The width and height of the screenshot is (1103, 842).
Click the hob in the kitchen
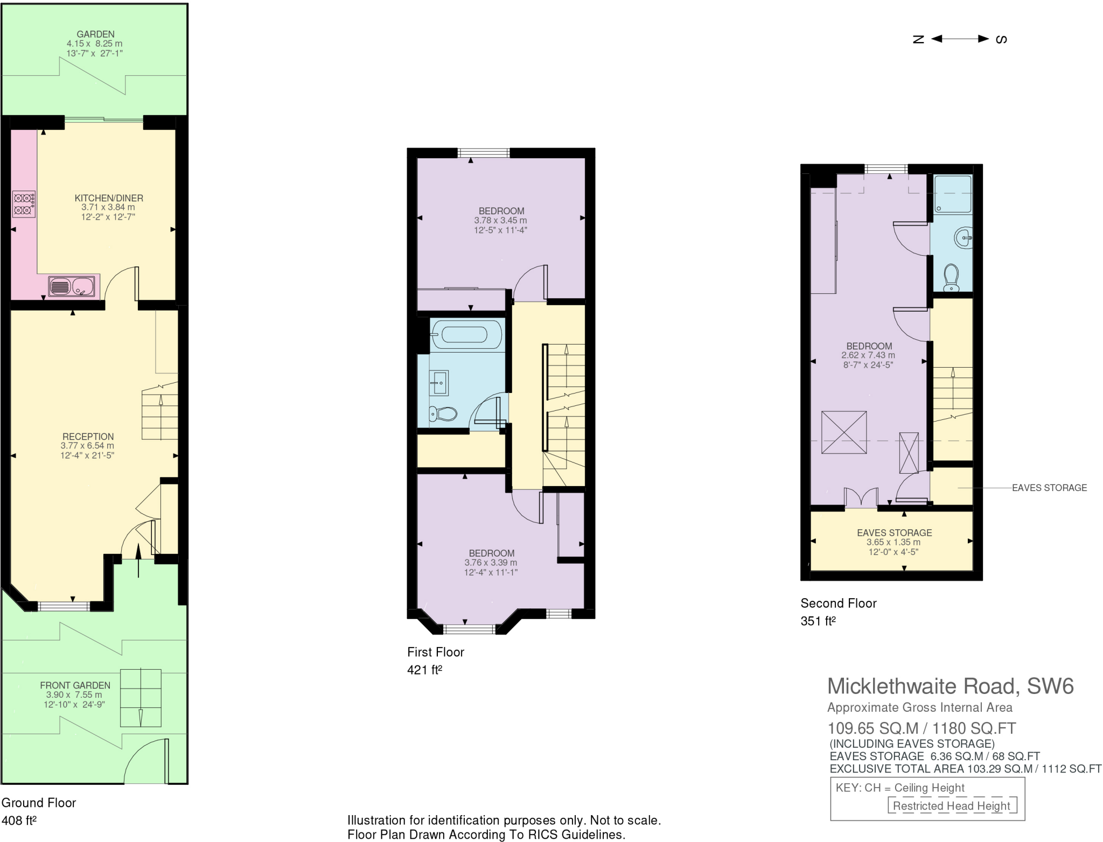pyautogui.click(x=24, y=204)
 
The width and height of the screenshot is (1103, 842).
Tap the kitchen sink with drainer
pyautogui.click(x=72, y=286)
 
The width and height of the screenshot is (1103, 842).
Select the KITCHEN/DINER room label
pyautogui.click(x=109, y=198)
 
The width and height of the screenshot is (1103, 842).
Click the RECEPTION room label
pyautogui.click(x=88, y=437)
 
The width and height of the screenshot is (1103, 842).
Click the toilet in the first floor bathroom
pyautogui.click(x=443, y=414)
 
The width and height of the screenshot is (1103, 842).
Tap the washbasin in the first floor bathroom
pyautogui.click(x=438, y=383)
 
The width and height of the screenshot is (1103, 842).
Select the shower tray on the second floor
pyautogui.click(x=953, y=194)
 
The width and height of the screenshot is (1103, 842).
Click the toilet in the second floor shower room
pyautogui.click(x=952, y=278)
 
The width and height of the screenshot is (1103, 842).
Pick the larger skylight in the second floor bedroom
pyautogui.click(x=844, y=433)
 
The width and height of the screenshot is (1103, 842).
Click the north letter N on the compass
pyautogui.click(x=918, y=39)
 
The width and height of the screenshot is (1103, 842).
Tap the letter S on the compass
pyautogui.click(x=1001, y=39)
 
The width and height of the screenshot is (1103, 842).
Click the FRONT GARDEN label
pyautogui.click(x=75, y=685)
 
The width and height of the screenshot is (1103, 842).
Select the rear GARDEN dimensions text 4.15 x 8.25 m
pyautogui.click(x=94, y=44)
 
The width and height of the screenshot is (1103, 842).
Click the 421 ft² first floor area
pyautogui.click(x=424, y=670)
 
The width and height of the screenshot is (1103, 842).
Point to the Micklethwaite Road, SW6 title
pyautogui.click(x=950, y=686)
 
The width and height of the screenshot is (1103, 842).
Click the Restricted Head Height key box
pyautogui.click(x=952, y=806)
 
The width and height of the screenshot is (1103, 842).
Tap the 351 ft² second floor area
pyautogui.click(x=818, y=621)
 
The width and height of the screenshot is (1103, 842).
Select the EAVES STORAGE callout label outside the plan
pyautogui.click(x=1049, y=488)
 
